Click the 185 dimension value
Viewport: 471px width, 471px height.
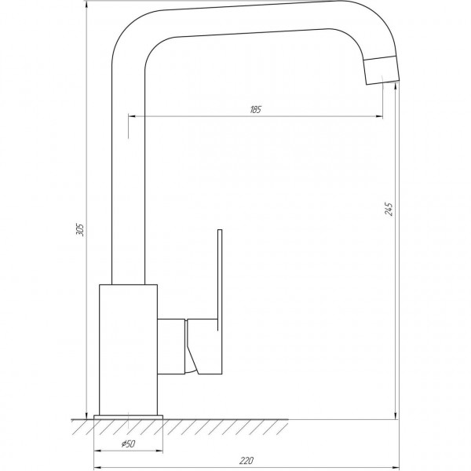[x=255, y=109]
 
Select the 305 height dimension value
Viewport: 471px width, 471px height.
[x=78, y=228]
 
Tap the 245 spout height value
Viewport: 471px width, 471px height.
[x=388, y=209]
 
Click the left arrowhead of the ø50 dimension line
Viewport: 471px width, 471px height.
[x=97, y=453]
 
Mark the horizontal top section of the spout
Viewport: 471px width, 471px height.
[x=251, y=21]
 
